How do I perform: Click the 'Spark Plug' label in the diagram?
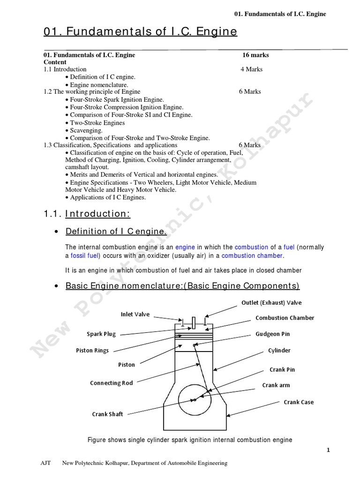[101, 334]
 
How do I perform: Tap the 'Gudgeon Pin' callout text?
[273, 334]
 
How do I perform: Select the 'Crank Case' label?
[299, 402]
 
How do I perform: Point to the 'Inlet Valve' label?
[135, 315]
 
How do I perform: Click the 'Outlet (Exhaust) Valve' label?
[271, 302]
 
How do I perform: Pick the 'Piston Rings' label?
[92, 351]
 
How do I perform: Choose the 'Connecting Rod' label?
[112, 383]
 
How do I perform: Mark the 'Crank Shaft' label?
[107, 414]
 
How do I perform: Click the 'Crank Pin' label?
[282, 369]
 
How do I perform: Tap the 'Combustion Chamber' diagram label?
[285, 318]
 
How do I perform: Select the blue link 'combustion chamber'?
[252, 255]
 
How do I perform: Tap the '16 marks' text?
[255, 55]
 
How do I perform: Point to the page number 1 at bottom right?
[329, 450]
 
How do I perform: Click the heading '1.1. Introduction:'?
[87, 214]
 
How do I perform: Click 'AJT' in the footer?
[46, 463]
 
